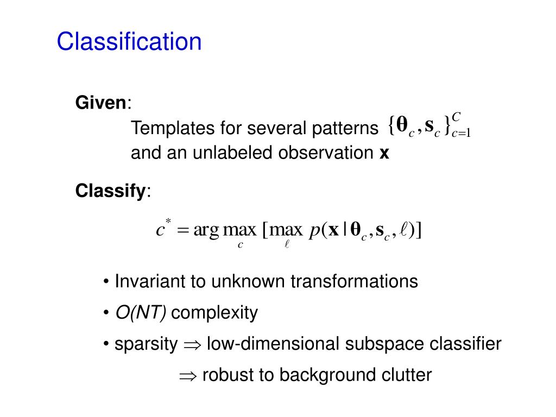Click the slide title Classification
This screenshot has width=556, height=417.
pyautogui.click(x=129, y=42)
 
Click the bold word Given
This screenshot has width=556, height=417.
pyautogui.click(x=100, y=103)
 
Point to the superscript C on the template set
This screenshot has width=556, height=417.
pyautogui.click(x=456, y=117)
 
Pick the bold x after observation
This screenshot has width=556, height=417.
pyautogui.click(x=384, y=154)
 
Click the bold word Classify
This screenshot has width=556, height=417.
pyautogui.click(x=111, y=191)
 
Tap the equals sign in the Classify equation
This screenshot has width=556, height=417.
pyautogui.click(x=183, y=231)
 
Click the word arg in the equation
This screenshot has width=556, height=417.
pyautogui.click(x=206, y=231)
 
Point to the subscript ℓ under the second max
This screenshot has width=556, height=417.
pyautogui.click(x=287, y=245)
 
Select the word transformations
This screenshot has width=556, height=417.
pyautogui.click(x=354, y=281)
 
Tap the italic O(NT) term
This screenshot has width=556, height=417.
pyautogui.click(x=141, y=313)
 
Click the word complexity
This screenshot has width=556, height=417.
pyautogui.click(x=218, y=313)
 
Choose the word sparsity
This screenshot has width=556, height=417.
pyautogui.click(x=146, y=344)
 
